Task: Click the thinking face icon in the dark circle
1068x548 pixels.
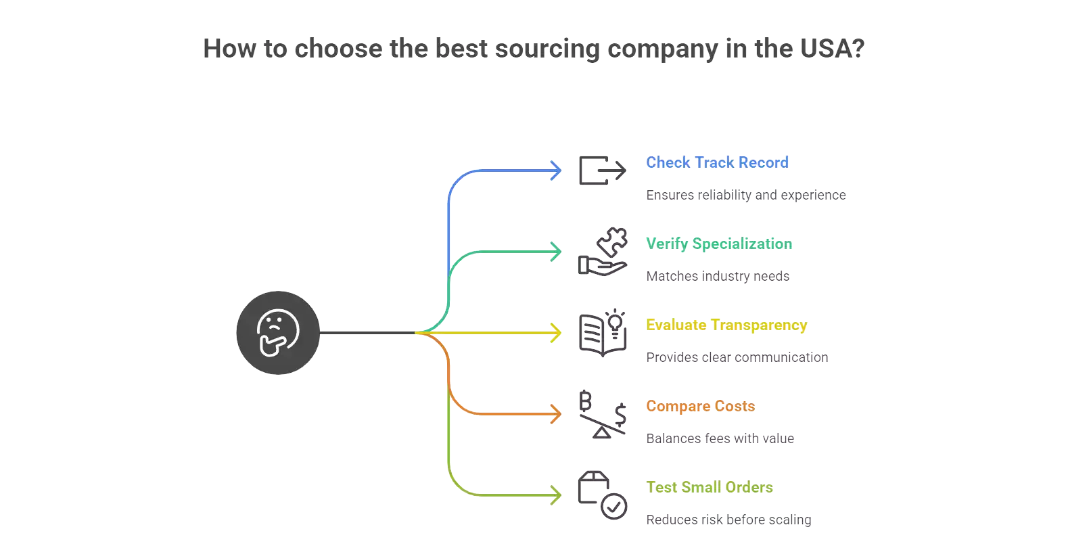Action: point(278,333)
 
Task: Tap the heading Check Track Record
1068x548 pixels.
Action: point(717,162)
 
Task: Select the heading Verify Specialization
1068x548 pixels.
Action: point(718,244)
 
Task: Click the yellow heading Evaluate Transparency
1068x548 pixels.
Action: point(726,325)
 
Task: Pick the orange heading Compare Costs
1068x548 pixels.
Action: point(700,406)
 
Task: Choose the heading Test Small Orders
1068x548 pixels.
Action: point(709,487)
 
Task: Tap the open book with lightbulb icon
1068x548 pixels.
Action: point(602,333)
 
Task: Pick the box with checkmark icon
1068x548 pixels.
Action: point(602,495)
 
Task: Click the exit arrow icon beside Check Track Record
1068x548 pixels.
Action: point(602,170)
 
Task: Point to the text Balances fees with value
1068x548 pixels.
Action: point(720,438)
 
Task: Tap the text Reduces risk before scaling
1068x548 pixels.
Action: point(728,520)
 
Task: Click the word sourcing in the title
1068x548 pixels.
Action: point(547,49)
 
